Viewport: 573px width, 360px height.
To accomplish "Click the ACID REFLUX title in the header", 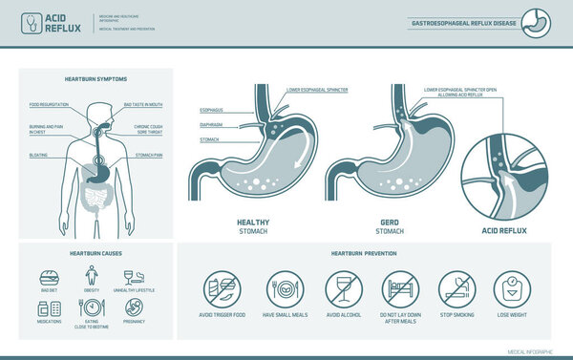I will (x=60, y=22).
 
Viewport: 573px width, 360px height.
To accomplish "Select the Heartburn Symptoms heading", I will (x=95, y=77).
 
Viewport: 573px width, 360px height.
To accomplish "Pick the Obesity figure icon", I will (x=92, y=272).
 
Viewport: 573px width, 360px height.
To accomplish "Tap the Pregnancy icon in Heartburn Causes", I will (x=135, y=307).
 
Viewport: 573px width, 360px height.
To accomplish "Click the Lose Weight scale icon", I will (x=514, y=289).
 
